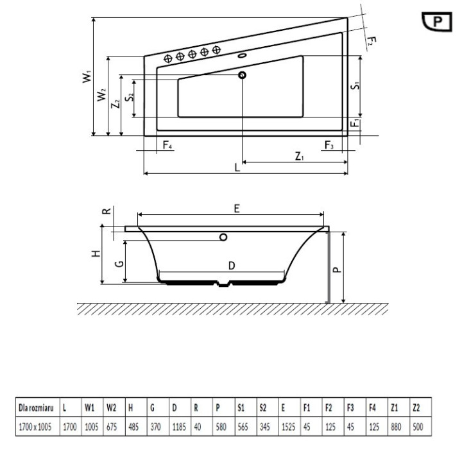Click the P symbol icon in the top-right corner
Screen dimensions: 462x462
[438, 21]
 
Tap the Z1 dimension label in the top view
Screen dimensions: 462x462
[299, 155]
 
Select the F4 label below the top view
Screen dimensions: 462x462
[167, 146]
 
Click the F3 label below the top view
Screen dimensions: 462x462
[329, 146]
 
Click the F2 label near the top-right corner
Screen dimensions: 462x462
[371, 42]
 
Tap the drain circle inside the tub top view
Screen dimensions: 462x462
[243, 76]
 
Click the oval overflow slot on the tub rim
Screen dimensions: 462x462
[243, 56]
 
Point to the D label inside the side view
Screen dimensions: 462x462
[232, 265]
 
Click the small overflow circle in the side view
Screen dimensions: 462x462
[223, 237]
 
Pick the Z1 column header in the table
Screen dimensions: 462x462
[395, 407]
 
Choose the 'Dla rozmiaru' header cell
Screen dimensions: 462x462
[35, 407]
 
